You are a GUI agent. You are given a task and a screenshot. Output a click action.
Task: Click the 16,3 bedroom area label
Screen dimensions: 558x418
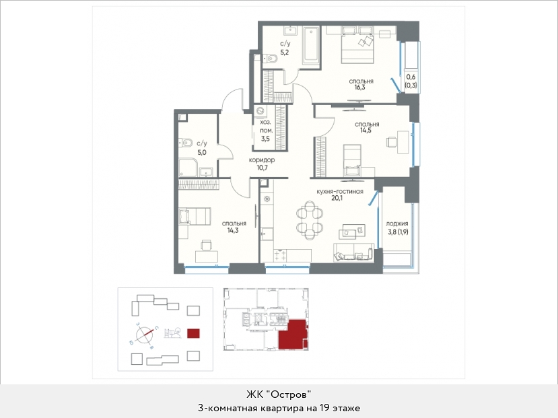click(359, 87)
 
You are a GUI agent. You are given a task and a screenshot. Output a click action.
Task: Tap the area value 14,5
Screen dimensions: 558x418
click(367, 130)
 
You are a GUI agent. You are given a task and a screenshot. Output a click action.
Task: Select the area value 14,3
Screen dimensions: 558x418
click(234, 230)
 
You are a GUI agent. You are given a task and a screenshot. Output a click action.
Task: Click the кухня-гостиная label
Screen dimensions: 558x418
click(340, 191)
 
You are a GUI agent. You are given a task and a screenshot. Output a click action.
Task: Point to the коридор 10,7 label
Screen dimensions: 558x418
click(262, 164)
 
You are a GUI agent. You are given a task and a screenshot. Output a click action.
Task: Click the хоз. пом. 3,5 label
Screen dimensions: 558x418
click(265, 131)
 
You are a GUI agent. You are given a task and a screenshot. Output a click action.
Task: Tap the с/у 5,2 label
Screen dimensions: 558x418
click(285, 48)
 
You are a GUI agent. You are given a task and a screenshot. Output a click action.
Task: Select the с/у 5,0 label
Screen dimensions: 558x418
click(201, 148)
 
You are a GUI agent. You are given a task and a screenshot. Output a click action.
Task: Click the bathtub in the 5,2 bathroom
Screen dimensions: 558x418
click(311, 46)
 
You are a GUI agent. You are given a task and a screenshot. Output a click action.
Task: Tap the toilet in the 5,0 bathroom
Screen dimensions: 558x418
click(185, 143)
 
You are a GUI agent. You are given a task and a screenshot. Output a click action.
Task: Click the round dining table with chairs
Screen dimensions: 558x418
click(310, 219)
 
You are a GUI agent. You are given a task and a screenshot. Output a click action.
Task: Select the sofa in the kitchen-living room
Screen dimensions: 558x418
click(354, 252)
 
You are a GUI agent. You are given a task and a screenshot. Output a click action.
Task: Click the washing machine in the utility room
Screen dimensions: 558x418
click(260, 110)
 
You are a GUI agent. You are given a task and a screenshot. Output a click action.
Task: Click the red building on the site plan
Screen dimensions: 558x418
click(193, 333)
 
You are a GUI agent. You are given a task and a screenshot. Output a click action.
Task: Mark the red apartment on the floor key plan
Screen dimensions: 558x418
click(293, 335)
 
